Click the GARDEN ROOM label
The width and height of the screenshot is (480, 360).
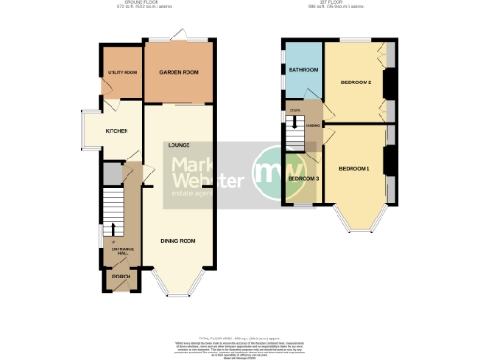[176, 71]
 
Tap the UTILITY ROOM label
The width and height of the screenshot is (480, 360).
[122, 71]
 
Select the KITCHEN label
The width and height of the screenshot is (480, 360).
[116, 131]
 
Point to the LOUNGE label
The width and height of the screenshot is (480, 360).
[179, 145]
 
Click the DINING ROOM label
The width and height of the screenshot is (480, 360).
[176, 241]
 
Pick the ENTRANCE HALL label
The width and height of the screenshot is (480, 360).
[123, 250]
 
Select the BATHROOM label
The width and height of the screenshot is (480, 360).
[303, 70]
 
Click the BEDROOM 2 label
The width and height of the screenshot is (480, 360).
[357, 82]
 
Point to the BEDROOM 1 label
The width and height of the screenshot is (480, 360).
[354, 168]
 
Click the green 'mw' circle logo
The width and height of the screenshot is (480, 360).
[274, 175]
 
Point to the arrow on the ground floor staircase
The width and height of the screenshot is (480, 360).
[113, 228]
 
